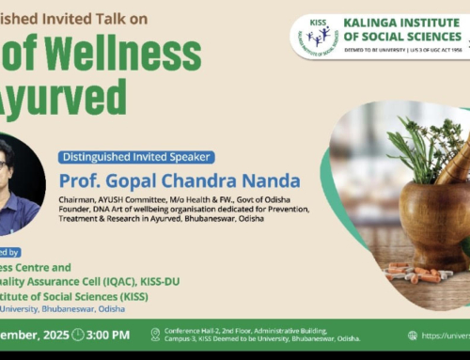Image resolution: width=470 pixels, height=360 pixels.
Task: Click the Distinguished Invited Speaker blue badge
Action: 135,157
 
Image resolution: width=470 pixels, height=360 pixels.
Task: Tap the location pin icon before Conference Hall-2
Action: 156,335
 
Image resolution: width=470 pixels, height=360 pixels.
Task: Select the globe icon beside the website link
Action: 414,335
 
